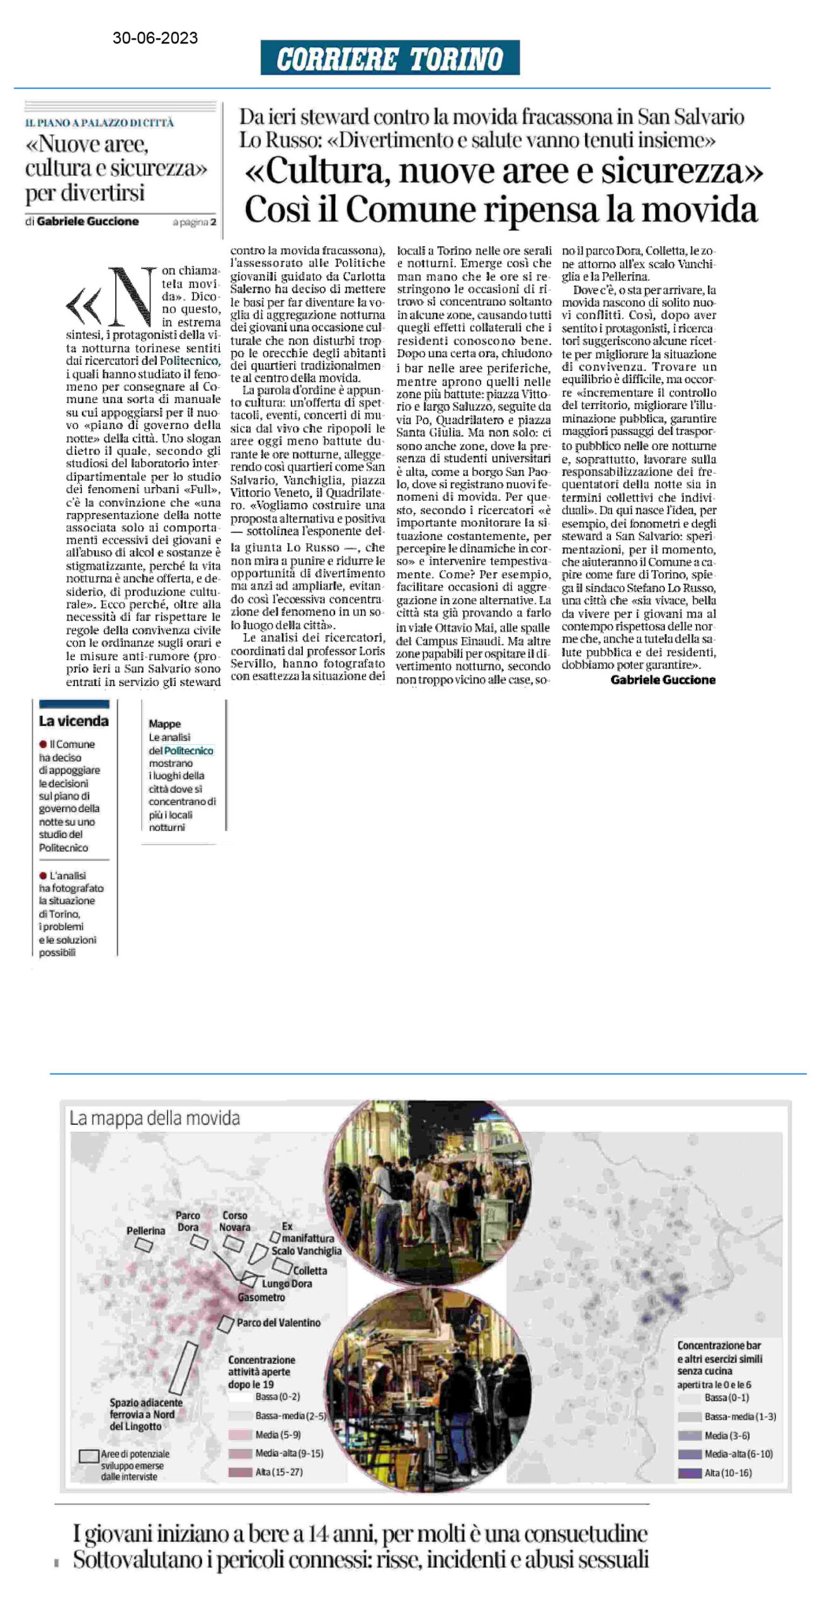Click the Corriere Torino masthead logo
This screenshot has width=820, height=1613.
[x=390, y=59]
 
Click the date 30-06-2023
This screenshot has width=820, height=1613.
[x=155, y=38]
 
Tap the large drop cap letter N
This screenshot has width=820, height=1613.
[x=132, y=295]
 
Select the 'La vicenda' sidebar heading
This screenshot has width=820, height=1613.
[x=74, y=721]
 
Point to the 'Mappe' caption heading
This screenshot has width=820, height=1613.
[x=164, y=724]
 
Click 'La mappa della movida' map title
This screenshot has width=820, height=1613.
[x=154, y=1118]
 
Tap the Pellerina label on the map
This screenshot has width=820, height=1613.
[x=145, y=1231]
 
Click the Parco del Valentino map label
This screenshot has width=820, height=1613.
[x=278, y=1323]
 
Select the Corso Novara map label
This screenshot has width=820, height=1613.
[x=234, y=1221]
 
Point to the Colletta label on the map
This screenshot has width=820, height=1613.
[x=310, y=1271]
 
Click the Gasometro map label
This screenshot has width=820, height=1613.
[x=261, y=1297]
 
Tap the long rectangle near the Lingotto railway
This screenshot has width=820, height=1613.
[x=183, y=1368]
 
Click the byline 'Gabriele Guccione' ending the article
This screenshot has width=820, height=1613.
[x=663, y=680]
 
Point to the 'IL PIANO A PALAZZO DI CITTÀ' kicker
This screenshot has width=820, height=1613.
[x=100, y=123]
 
